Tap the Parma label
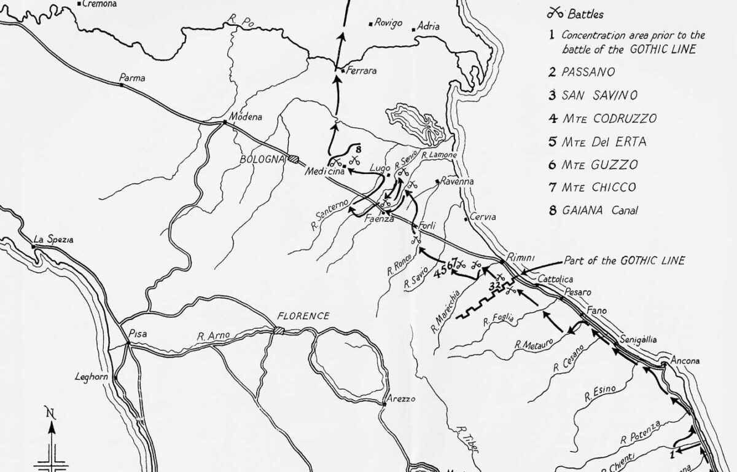coord(133,78)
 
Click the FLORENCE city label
coord(303,316)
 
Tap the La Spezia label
coord(53,240)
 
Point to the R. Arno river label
coord(213,336)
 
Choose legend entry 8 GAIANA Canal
coord(594,210)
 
